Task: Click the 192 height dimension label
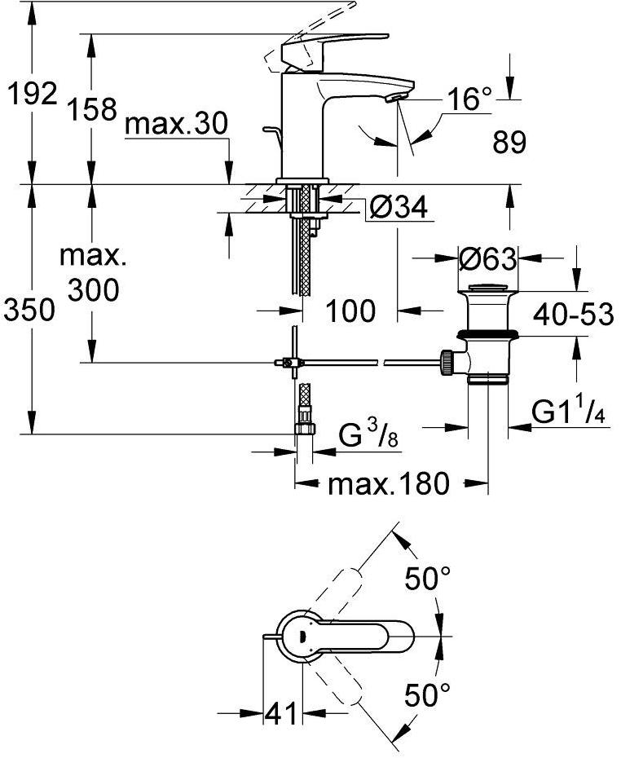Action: click(x=30, y=94)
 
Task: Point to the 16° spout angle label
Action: click(x=471, y=99)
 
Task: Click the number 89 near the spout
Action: click(x=509, y=143)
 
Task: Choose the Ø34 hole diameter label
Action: click(x=398, y=209)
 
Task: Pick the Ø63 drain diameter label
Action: click(x=487, y=260)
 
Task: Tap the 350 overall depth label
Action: click(x=30, y=310)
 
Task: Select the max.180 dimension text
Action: click(x=388, y=485)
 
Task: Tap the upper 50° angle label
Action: click(x=428, y=580)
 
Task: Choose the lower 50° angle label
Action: click(x=428, y=695)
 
